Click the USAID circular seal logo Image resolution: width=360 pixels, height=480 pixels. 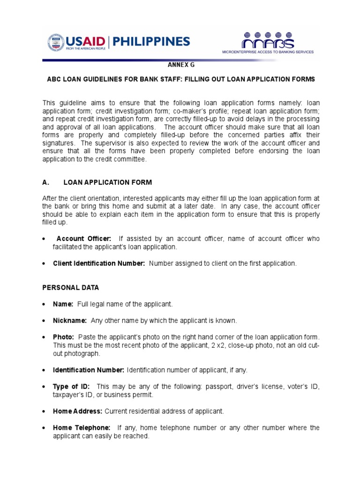tap(55, 43)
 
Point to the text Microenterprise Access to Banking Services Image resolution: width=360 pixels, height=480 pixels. tap(268, 52)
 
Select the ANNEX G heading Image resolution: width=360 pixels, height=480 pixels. tap(180, 66)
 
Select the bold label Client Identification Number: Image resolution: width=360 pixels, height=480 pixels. tap(99, 263)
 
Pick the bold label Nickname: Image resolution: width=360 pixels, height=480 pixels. tap(70, 321)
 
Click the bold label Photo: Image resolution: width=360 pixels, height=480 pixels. tap(64, 337)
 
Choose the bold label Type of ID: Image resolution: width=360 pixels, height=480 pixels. tap(71, 386)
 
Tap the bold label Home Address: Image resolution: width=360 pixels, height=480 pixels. tap(77, 411)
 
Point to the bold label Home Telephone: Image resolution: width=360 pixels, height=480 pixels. tap(82, 427)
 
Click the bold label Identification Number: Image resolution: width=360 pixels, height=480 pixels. tap(88, 370)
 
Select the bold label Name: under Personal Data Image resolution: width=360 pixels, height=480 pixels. tap(63, 304)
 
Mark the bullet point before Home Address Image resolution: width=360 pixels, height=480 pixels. tap(44, 412)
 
